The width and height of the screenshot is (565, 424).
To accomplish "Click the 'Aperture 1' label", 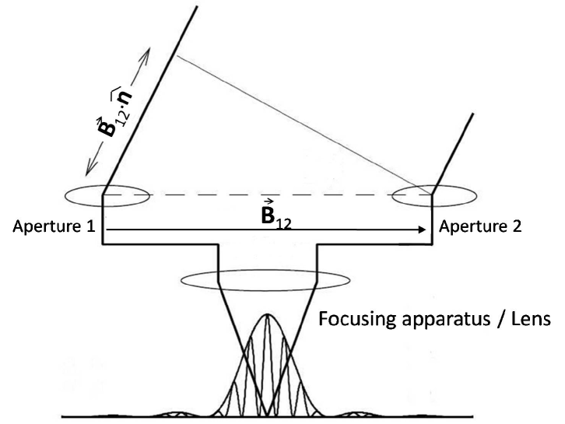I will [x=53, y=228].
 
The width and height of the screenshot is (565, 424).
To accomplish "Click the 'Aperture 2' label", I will [x=480, y=228].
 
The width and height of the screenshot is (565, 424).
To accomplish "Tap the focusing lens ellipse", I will [x=268, y=279].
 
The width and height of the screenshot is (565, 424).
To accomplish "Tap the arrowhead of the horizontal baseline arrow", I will [x=423, y=230].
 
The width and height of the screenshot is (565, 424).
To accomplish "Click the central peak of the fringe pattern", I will [x=268, y=317].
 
